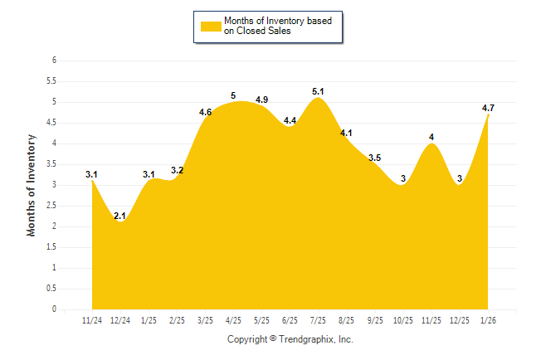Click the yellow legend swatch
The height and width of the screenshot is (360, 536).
(211, 26)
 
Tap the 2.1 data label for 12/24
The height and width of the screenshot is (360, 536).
(119, 216)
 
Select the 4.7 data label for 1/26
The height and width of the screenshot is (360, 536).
(488, 109)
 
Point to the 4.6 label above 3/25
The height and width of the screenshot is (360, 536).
(206, 112)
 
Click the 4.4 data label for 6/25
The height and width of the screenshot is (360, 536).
(290, 120)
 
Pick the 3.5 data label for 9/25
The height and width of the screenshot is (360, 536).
(374, 158)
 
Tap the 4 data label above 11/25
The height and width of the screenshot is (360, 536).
(431, 137)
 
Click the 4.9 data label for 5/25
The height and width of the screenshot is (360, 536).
(261, 100)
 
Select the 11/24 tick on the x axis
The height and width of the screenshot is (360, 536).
(92, 319)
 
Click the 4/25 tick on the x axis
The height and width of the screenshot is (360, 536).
(233, 319)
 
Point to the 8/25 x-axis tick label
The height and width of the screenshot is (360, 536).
(346, 319)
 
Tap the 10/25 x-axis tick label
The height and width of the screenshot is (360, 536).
(403, 319)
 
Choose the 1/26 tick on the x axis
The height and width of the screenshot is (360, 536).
(488, 319)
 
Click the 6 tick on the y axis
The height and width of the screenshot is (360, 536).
(54, 61)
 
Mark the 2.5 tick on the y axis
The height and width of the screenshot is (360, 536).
(51, 206)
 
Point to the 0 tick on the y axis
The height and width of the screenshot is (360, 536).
(54, 309)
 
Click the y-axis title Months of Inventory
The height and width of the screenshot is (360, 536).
(32, 185)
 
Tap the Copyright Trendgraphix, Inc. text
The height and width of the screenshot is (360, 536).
(290, 339)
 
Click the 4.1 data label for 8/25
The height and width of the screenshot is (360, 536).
(346, 133)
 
